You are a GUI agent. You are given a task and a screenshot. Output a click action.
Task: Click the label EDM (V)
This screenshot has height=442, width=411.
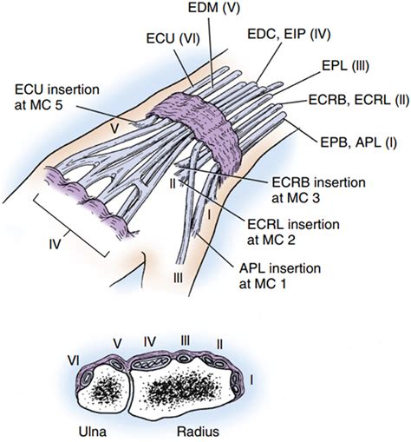point(214,8)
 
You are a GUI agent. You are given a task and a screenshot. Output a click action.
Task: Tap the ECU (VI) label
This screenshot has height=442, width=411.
point(173,39)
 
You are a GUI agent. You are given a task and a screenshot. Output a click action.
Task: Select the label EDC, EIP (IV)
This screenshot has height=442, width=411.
point(289,35)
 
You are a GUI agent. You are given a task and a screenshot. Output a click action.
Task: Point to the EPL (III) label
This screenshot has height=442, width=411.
point(345,67)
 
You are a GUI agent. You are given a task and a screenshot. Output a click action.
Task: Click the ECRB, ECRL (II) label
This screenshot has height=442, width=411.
point(359,100)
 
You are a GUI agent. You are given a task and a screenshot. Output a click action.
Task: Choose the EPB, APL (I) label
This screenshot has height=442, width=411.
point(359,142)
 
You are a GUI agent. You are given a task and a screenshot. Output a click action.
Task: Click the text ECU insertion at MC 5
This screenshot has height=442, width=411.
point(57,97)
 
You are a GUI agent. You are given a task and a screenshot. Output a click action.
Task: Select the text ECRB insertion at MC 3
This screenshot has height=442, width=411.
point(318,190)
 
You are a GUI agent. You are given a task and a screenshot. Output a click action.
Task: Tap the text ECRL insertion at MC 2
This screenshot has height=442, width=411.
point(293,232)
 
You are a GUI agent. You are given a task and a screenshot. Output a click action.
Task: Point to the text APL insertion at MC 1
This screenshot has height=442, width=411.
point(280,276)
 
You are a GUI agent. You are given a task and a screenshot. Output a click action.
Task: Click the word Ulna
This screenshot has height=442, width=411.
point(93,432)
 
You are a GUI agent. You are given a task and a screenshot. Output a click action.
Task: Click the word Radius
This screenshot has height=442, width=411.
point(198,432)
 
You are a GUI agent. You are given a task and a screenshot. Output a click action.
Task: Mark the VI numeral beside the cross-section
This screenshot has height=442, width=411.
point(75,361)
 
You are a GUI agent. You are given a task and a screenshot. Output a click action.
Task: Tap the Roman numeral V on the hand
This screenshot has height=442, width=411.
point(114,129)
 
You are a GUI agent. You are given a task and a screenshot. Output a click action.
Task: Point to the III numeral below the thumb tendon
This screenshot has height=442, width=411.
point(179,278)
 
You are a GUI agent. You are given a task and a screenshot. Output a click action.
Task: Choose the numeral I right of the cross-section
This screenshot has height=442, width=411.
point(251,380)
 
